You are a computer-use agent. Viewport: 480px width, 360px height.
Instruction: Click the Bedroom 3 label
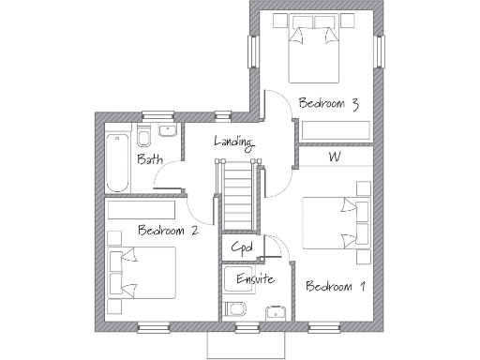pos(328,104)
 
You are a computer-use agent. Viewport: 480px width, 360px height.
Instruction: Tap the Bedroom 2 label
pos(167,230)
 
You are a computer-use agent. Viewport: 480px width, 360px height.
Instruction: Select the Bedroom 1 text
pos(335,286)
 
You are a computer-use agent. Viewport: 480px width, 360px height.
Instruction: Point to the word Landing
pos(233,142)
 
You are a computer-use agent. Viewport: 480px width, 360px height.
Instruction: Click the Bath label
pos(149,160)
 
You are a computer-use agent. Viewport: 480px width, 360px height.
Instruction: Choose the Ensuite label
pos(254,278)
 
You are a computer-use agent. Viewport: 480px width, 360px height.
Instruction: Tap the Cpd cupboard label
pos(242,247)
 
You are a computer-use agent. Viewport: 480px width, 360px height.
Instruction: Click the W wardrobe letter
pos(334,157)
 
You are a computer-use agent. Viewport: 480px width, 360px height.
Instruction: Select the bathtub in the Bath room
pos(116,162)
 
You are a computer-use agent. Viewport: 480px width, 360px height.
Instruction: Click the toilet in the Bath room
pos(147,132)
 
